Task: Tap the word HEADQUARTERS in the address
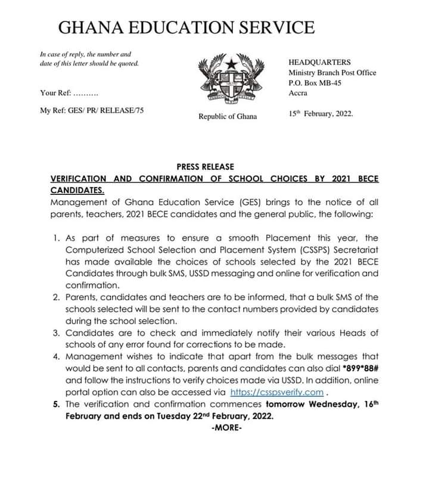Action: click(319, 62)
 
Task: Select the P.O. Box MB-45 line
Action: click(315, 83)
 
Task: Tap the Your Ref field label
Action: click(55, 93)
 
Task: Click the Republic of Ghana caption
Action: click(228, 116)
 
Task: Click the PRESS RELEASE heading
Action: click(206, 167)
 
